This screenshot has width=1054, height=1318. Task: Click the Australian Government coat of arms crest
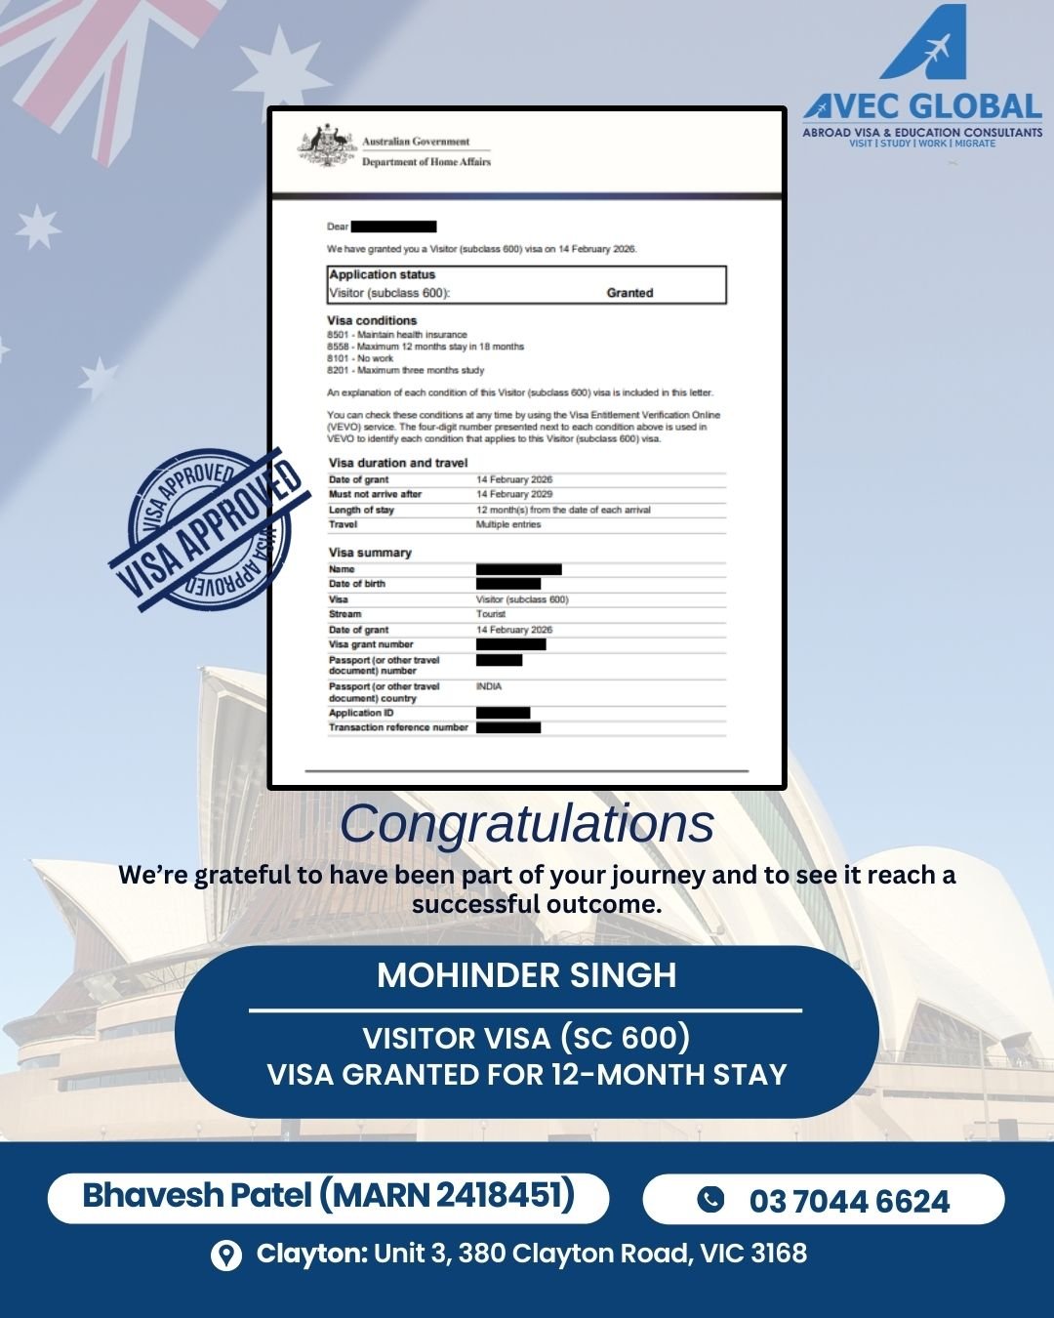click(x=326, y=147)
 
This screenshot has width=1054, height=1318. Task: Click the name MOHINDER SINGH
click(x=527, y=975)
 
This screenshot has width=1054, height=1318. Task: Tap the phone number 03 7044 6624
click(x=849, y=1201)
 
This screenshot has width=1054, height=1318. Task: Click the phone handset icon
click(x=710, y=1199)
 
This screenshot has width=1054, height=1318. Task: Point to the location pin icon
click(x=226, y=1255)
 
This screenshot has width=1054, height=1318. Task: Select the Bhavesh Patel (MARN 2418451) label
click(x=328, y=1196)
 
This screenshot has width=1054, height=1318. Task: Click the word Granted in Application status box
click(x=629, y=293)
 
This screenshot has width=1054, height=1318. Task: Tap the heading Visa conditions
click(x=372, y=320)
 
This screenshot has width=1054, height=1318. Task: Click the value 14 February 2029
click(x=514, y=494)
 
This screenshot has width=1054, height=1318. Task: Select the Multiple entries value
click(x=507, y=524)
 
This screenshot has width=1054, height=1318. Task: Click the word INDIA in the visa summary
click(x=489, y=686)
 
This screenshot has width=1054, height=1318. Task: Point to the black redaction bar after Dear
click(x=393, y=227)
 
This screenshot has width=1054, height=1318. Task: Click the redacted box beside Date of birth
click(x=507, y=584)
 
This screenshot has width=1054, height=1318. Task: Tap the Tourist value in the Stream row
click(x=491, y=614)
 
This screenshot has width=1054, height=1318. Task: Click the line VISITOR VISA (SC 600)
click(x=527, y=1037)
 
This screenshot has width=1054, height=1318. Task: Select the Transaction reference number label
click(x=398, y=727)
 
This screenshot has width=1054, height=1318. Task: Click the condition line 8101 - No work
click(x=360, y=358)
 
